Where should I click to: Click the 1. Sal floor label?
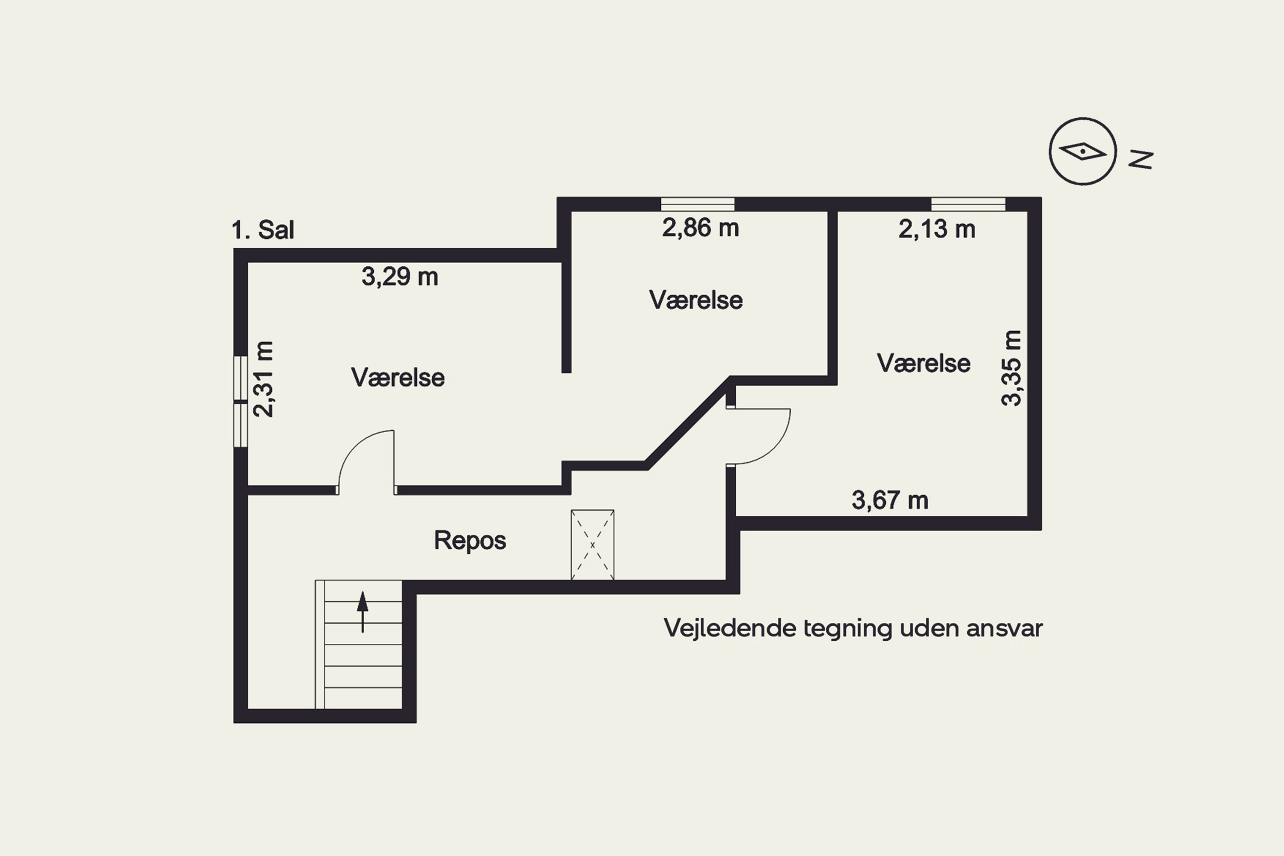point(263,230)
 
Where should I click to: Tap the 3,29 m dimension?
point(400,277)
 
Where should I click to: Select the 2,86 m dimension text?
point(700,228)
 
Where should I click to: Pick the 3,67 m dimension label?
point(890,500)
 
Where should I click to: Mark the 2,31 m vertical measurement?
point(264,379)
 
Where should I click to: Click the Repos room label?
point(470,541)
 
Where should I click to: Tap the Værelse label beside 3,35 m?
point(924,363)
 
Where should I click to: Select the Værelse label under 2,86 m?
point(696,300)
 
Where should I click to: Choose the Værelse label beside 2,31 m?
point(398,378)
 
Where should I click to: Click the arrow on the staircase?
point(363,612)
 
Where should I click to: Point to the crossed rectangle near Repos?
point(592,545)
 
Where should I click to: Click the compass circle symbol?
point(1082,151)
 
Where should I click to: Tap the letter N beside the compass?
point(1141,159)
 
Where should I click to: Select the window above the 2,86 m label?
point(698,204)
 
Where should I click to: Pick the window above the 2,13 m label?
point(968,204)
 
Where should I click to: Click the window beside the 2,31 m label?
point(241,402)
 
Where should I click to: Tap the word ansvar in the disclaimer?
point(1005,629)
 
